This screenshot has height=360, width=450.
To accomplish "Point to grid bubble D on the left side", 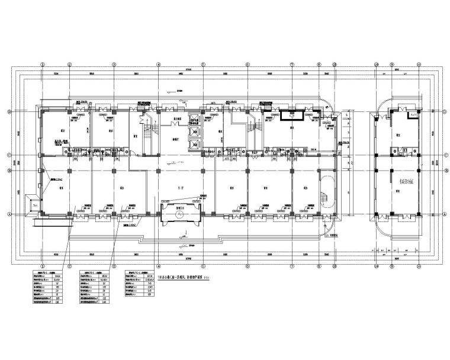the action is click(x=8, y=111).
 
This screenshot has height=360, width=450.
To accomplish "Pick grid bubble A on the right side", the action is click(x=445, y=215).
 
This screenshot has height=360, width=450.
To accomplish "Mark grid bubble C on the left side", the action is click(x=8, y=156).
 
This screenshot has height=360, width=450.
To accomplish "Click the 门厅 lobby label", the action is click(x=180, y=188).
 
